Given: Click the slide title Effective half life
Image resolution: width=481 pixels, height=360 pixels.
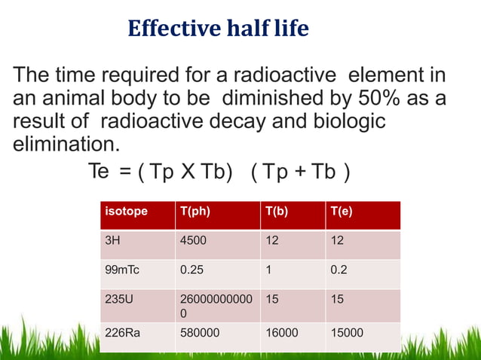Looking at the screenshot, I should coord(218,29).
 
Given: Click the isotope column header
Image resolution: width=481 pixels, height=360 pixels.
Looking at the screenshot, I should coord(126,212).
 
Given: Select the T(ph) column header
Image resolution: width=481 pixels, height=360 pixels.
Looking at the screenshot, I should coord(195,212).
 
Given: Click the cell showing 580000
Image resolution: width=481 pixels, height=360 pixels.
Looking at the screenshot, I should coord(198,328).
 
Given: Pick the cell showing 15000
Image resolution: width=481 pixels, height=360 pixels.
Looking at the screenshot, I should coord(345,328).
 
